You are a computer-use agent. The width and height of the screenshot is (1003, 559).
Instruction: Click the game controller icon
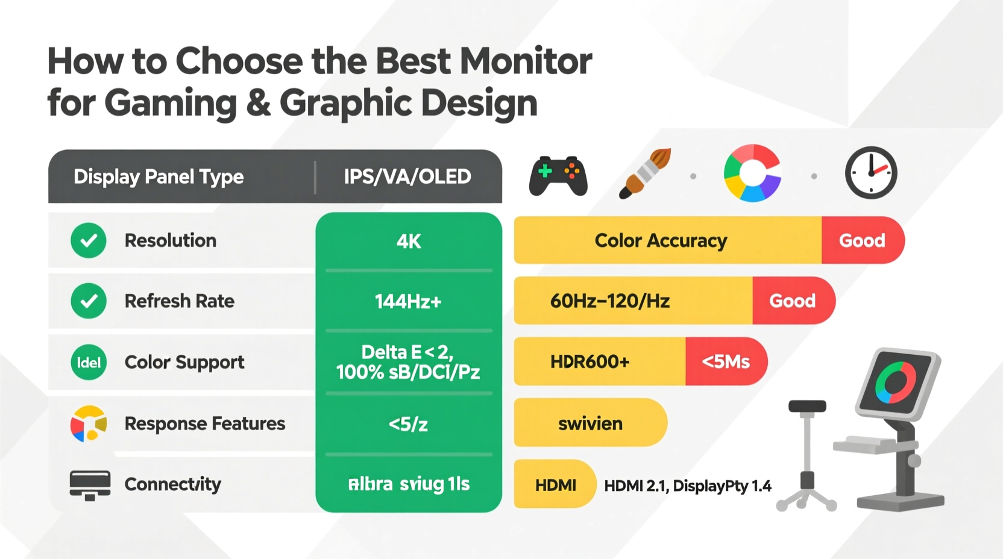[558, 176]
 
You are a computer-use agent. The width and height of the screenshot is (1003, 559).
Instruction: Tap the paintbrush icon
[645, 173]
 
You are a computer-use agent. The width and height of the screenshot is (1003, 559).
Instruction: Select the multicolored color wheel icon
[752, 173]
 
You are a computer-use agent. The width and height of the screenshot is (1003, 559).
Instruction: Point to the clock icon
[871, 173]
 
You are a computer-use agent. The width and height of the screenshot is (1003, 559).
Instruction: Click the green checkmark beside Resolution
[89, 240]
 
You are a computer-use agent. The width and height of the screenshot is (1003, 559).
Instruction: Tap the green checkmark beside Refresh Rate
[89, 301]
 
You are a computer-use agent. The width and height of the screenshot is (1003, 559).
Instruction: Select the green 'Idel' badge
[89, 362]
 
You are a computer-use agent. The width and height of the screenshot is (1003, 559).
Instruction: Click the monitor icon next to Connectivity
[90, 485]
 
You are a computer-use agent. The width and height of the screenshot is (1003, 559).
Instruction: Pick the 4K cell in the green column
[409, 242]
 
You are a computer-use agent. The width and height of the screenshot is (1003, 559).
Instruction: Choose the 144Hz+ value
[409, 301]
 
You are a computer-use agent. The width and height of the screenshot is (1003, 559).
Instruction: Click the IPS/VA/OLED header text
[407, 176]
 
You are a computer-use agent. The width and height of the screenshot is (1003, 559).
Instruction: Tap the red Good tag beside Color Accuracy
[862, 240]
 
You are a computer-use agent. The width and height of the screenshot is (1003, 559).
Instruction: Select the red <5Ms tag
[726, 361]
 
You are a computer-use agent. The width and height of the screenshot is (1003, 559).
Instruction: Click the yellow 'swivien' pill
[590, 423]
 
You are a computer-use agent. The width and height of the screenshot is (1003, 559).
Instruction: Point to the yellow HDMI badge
[555, 485]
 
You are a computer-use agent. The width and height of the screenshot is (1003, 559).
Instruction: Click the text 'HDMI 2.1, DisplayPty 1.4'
[688, 486]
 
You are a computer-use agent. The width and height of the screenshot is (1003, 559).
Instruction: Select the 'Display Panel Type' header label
[159, 176]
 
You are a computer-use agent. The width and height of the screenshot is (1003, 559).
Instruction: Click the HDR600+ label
[590, 361]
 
